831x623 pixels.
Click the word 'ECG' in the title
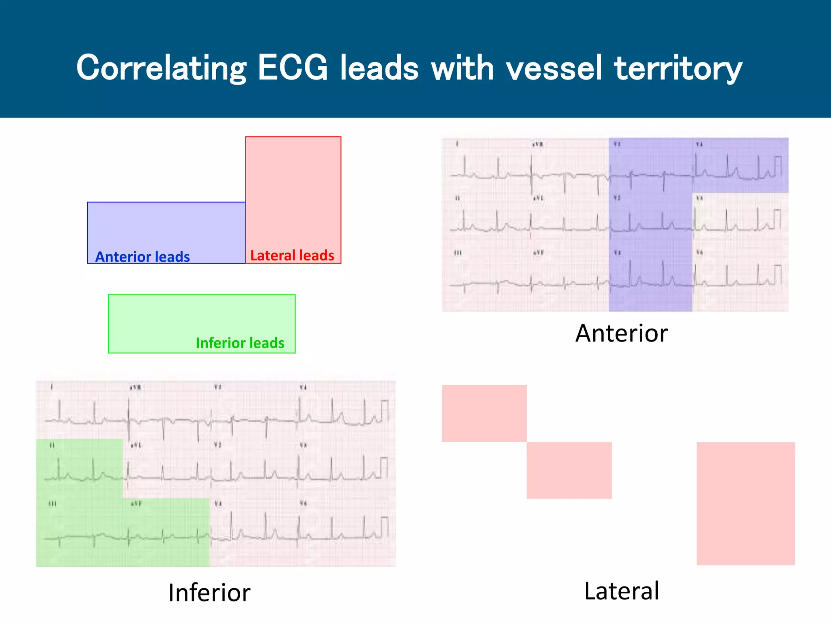pyautogui.click(x=292, y=67)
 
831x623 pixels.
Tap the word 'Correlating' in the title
pyautogui.click(x=161, y=68)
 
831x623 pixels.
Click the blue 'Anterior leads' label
pyautogui.click(x=142, y=257)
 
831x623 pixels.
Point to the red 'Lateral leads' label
pyautogui.click(x=292, y=256)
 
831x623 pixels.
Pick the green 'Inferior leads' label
pyautogui.click(x=240, y=343)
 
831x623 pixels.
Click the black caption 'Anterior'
pyautogui.click(x=621, y=333)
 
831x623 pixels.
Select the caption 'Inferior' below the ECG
pyautogui.click(x=209, y=593)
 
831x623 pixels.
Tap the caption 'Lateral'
pyautogui.click(x=621, y=591)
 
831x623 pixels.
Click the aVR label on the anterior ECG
pyautogui.click(x=538, y=144)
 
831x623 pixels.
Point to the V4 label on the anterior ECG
pyautogui.click(x=699, y=144)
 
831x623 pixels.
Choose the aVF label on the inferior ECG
pyautogui.click(x=136, y=503)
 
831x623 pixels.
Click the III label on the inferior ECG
pyautogui.click(x=52, y=503)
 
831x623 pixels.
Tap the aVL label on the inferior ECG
pyautogui.click(x=136, y=445)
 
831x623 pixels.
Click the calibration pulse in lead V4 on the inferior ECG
pyautogui.click(x=384, y=410)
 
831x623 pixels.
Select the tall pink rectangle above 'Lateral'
pyautogui.click(x=745, y=503)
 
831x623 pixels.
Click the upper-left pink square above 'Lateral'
pyautogui.click(x=484, y=413)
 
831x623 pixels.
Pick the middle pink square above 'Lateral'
pyautogui.click(x=569, y=470)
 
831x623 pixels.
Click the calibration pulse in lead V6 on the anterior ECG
pyautogui.click(x=777, y=275)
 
